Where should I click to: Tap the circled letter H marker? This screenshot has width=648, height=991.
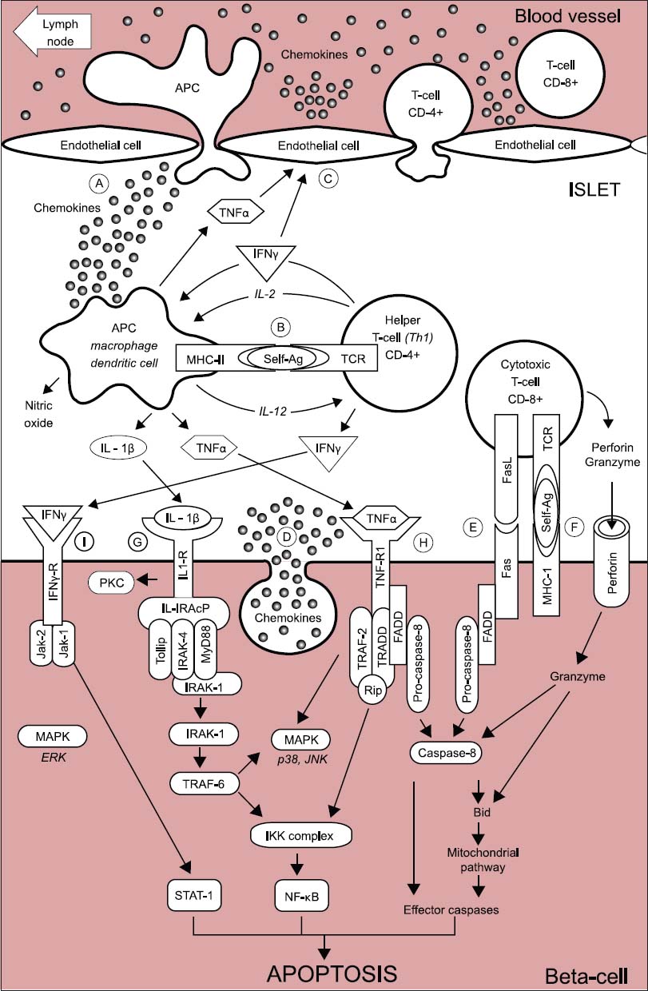(423, 542)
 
